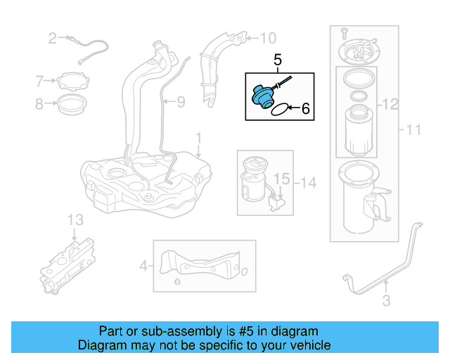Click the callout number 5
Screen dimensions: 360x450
277,61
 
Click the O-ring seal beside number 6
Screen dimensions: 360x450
279,109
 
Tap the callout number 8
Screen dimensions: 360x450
39,105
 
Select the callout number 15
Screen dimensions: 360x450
281,180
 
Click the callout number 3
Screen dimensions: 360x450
385,302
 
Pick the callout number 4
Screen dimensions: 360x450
143,266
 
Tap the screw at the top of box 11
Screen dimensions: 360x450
344,32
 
